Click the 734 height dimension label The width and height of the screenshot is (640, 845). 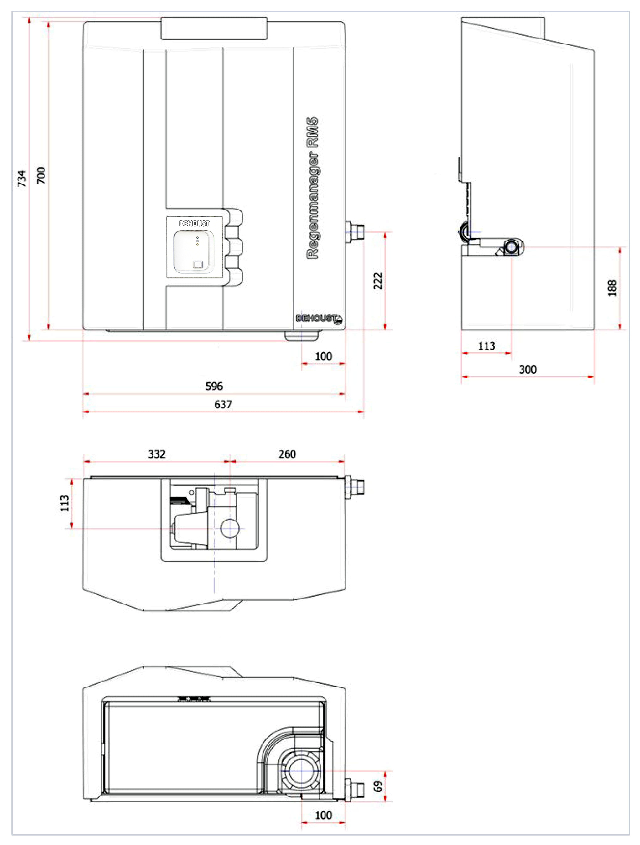click(22, 179)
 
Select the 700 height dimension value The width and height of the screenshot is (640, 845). click(41, 175)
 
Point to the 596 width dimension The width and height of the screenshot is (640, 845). click(214, 386)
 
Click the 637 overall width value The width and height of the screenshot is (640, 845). click(223, 404)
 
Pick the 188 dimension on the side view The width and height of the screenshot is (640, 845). click(612, 288)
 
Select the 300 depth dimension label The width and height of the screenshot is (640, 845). click(528, 369)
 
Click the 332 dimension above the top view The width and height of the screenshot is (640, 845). click(157, 454)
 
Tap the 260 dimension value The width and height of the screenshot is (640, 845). click(287, 454)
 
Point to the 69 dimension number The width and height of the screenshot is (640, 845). click(377, 786)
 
